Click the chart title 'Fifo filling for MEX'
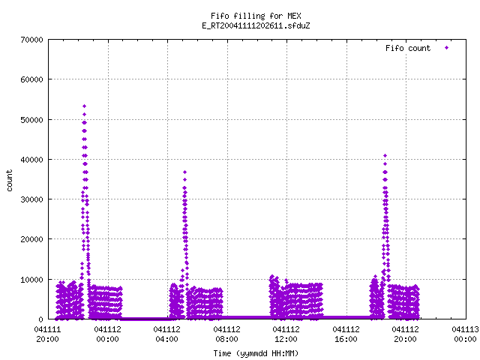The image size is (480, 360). (x=256, y=16)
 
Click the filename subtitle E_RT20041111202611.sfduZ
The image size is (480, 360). (x=256, y=25)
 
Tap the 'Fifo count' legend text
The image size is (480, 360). (x=408, y=48)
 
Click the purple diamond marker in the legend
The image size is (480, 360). (x=447, y=48)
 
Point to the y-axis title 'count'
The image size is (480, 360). (x=9, y=181)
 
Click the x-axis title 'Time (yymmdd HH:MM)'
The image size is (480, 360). (x=256, y=353)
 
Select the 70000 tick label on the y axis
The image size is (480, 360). (x=31, y=40)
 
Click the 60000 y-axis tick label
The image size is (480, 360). (x=31, y=79)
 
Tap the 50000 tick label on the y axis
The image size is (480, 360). (x=31, y=120)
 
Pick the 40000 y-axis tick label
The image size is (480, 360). (x=31, y=160)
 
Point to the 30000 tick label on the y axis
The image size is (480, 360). (x=31, y=199)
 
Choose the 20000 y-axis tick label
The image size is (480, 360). (x=31, y=239)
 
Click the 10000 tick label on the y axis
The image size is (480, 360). (x=31, y=280)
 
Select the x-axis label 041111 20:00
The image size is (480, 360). (x=47, y=334)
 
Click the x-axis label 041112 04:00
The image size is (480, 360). (x=166, y=334)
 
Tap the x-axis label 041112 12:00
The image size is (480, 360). (x=286, y=334)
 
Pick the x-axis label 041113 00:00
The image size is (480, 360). (x=465, y=334)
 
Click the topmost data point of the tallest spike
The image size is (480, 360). (x=85, y=106)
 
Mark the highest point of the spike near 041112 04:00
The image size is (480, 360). (x=184, y=172)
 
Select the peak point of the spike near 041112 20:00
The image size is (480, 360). (x=385, y=156)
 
